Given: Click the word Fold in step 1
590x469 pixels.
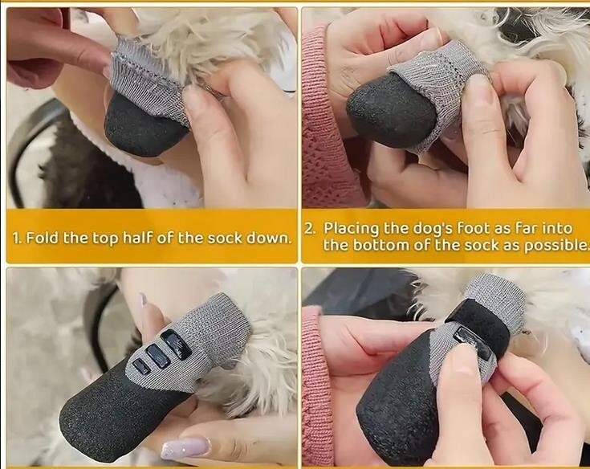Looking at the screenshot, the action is click(42, 238).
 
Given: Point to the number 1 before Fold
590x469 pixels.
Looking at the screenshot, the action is click(16, 239).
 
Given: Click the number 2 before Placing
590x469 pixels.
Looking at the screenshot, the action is click(310, 229).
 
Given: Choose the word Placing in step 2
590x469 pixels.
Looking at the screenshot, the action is click(352, 229).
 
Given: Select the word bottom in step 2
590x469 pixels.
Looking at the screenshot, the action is click(380, 245).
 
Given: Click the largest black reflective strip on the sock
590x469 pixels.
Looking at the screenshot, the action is click(176, 345).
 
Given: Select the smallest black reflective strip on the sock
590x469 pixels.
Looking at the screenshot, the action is click(142, 366).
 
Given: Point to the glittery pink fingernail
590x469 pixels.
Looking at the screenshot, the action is click(185, 448).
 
